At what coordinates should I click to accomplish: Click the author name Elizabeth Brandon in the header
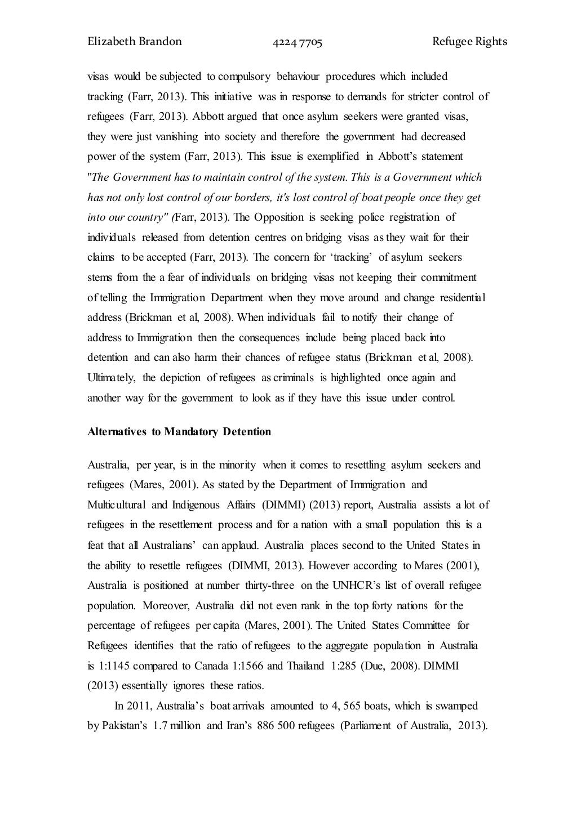pos(135,42)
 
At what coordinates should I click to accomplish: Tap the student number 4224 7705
pos(298,42)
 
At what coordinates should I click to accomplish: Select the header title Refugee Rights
pos(470,42)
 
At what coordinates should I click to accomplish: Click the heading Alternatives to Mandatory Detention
pos(179,432)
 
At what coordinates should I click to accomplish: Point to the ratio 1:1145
pos(115,666)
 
